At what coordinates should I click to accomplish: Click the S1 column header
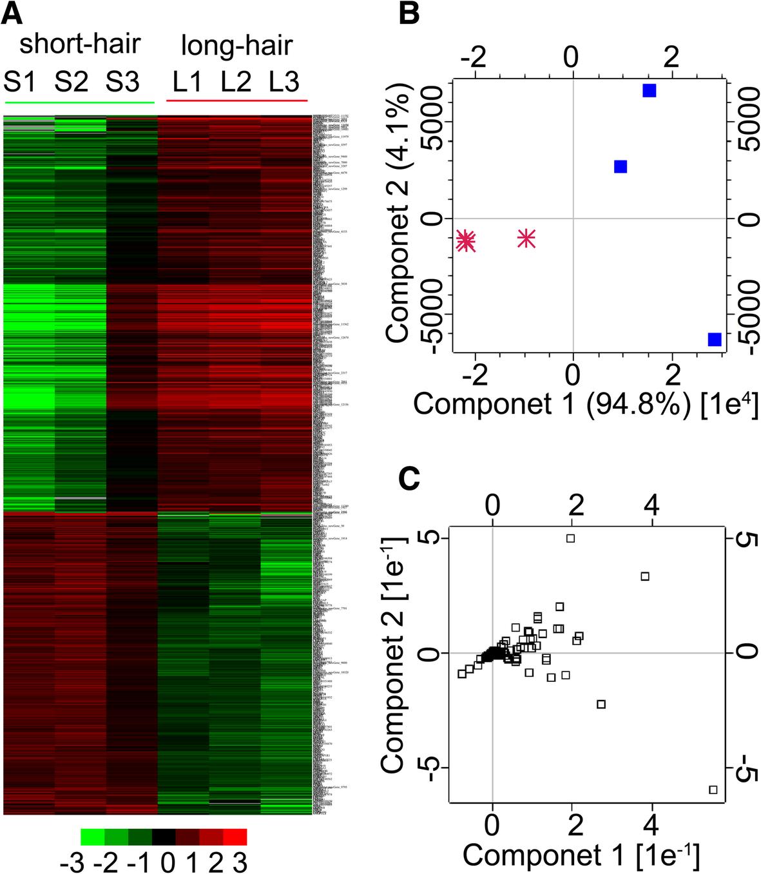21,83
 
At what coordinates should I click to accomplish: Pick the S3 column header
122,83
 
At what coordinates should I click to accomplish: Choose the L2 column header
236,83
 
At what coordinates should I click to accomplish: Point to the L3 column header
284,83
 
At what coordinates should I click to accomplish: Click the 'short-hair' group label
80,45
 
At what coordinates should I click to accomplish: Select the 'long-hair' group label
236,46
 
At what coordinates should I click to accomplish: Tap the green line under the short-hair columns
79,102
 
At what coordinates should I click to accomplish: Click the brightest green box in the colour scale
92,836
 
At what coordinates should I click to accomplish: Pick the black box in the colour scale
164,836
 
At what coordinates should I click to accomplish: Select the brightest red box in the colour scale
235,836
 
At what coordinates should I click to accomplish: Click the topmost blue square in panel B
649,91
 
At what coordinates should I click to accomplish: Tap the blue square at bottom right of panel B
714,339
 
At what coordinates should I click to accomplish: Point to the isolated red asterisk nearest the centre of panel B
526,238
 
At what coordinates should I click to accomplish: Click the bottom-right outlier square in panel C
713,790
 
